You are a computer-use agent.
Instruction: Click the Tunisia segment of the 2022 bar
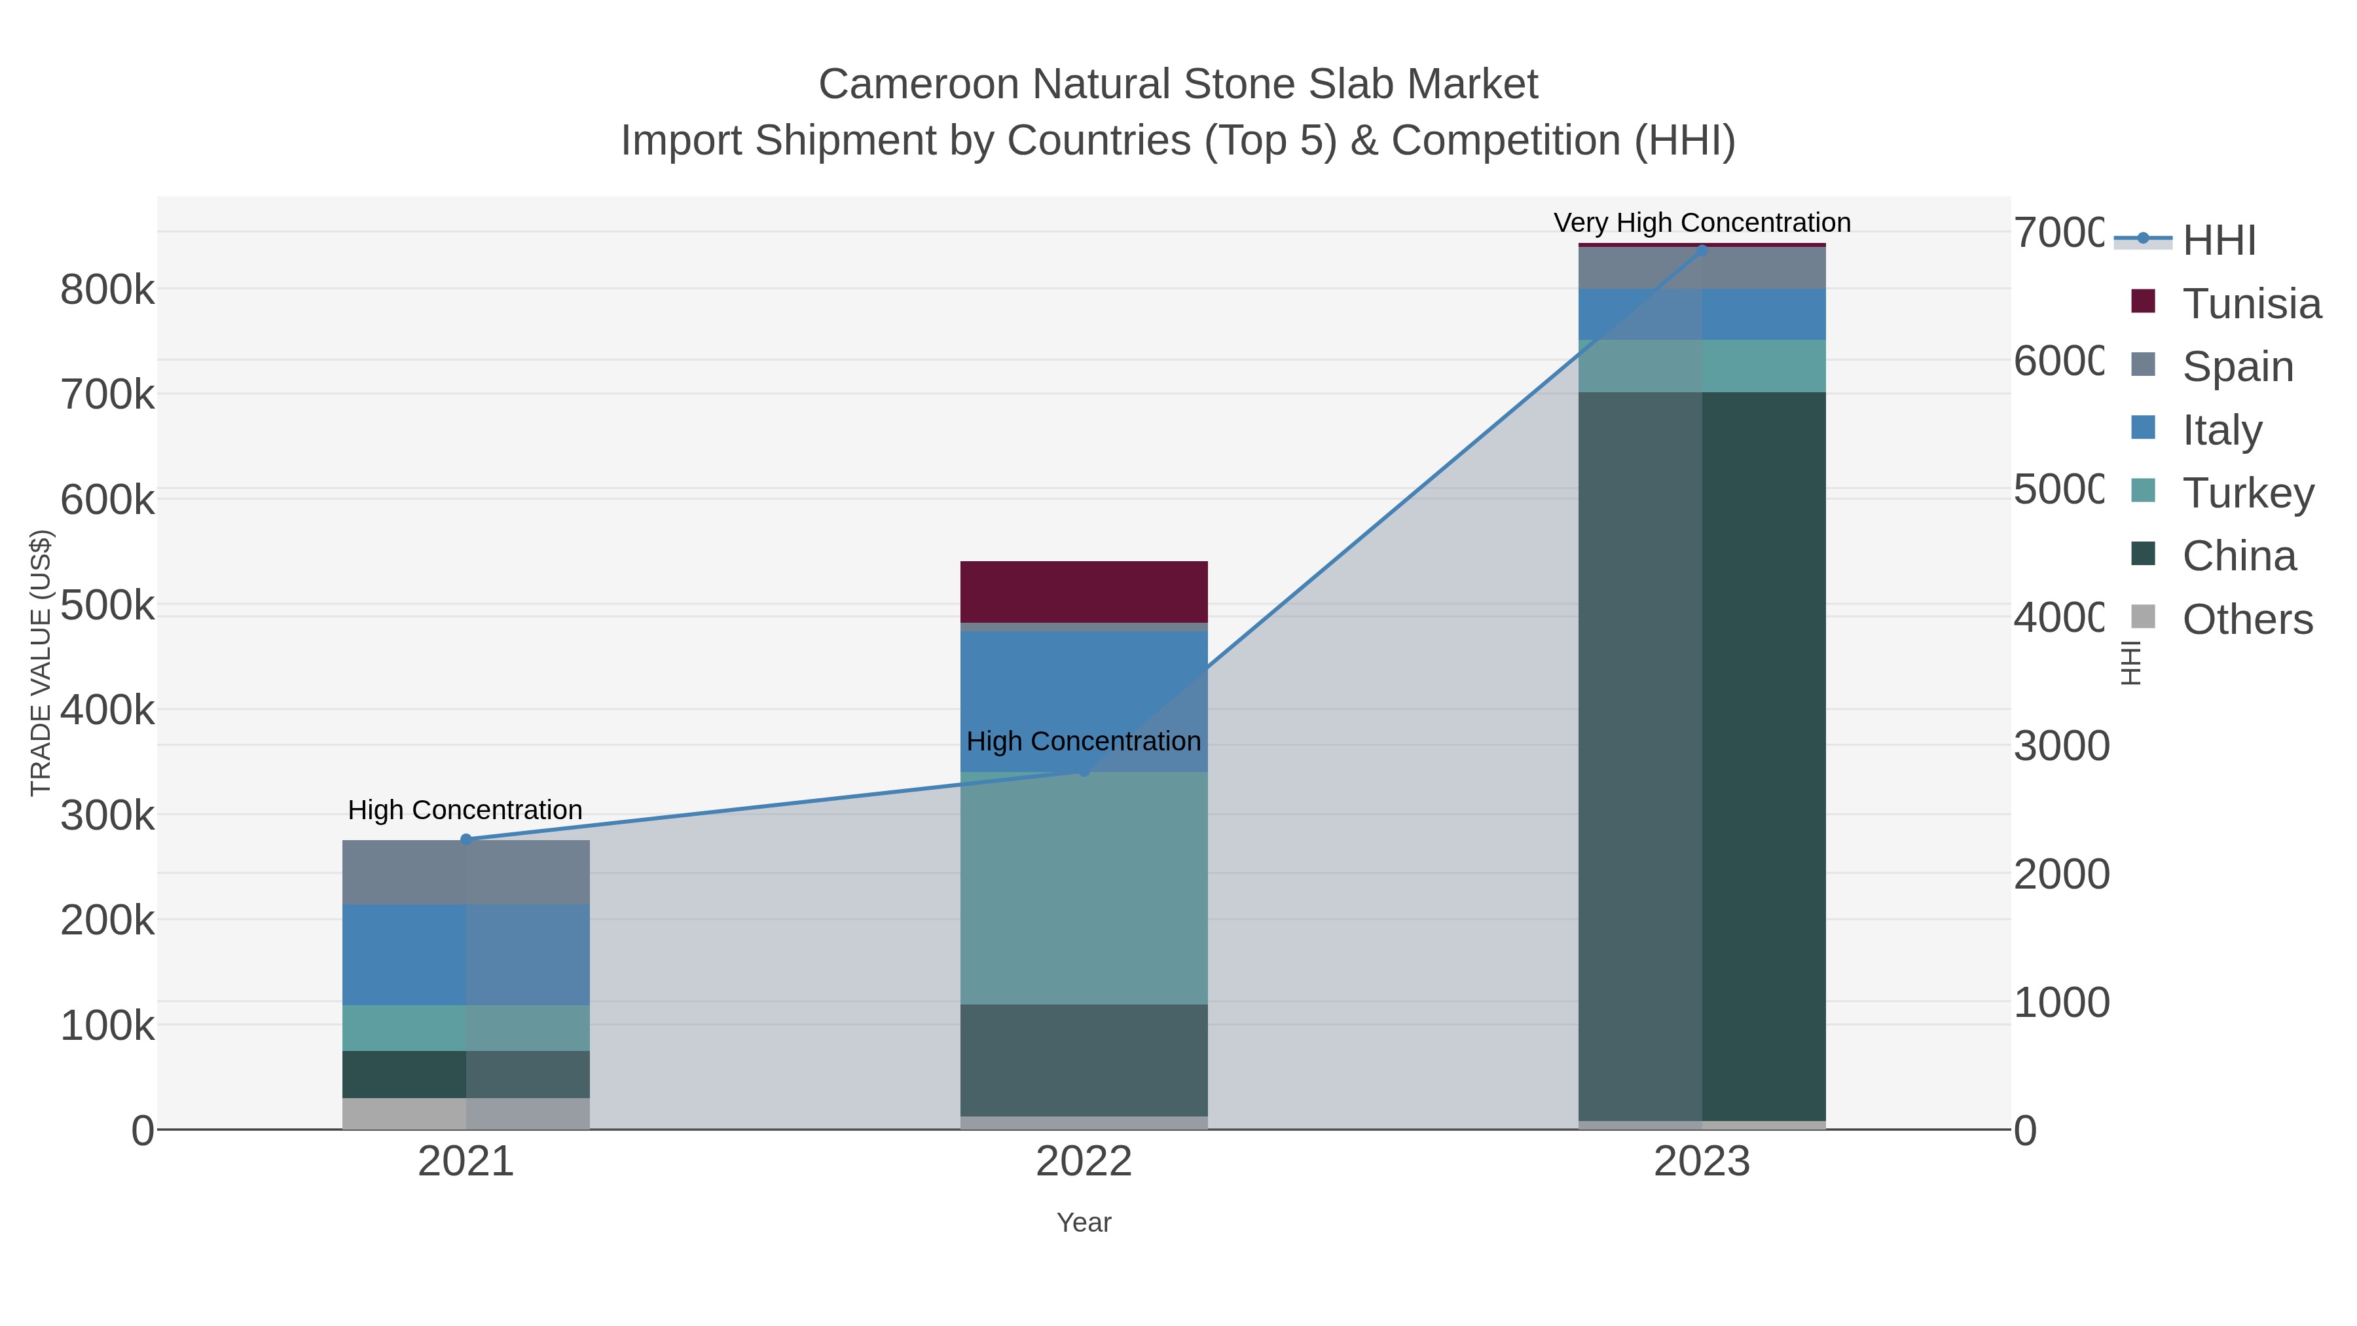click(x=1084, y=591)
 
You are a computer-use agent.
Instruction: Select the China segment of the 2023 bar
click(x=1702, y=756)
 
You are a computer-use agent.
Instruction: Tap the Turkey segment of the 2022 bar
click(x=1084, y=888)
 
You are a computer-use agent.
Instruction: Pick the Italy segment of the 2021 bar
click(x=466, y=955)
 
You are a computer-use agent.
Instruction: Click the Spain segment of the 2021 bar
click(x=466, y=872)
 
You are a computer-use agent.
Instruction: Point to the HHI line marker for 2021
click(x=466, y=839)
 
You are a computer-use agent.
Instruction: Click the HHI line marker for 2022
click(x=1084, y=771)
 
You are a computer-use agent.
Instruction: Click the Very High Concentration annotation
click(x=1702, y=223)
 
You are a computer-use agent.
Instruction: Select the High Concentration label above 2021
click(x=465, y=810)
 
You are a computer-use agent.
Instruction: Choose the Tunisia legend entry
click(x=2251, y=304)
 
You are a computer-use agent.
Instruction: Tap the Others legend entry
click(x=2247, y=619)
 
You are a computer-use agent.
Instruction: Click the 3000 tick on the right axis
click(x=2060, y=746)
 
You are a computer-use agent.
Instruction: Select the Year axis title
click(x=1084, y=1223)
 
